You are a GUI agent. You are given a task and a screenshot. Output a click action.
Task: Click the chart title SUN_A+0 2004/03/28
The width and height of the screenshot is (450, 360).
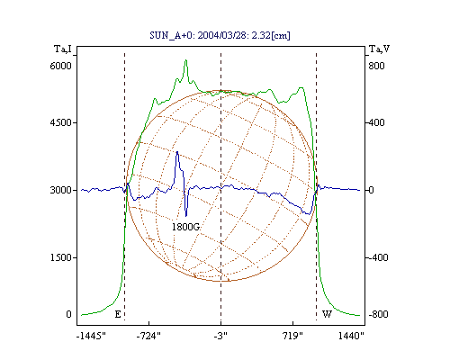point(220,35)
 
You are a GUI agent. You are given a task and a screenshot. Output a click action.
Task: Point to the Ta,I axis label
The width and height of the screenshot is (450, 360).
point(63,49)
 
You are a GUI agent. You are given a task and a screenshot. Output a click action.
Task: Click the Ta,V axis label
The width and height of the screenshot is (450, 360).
point(379,49)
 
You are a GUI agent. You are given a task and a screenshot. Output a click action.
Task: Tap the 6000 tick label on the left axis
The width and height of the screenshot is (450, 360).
point(60,66)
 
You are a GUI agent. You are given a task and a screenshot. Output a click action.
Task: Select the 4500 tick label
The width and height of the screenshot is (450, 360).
point(60,122)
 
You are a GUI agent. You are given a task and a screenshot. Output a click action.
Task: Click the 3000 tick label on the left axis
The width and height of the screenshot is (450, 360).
point(60,190)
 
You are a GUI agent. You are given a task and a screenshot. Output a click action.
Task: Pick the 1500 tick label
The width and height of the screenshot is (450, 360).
point(60,257)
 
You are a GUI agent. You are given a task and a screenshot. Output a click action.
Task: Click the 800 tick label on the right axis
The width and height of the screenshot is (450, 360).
point(376,66)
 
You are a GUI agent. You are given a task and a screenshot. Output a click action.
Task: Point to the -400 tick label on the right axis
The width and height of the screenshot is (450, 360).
point(378,257)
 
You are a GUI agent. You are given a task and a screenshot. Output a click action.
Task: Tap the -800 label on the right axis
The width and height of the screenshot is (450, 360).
point(378,314)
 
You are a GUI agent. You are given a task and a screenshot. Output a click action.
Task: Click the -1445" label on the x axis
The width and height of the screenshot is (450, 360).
point(91,336)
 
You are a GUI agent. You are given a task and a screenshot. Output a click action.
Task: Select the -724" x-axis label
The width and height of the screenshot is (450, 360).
point(148,336)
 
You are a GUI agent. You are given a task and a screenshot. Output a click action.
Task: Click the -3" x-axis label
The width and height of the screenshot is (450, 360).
point(220,336)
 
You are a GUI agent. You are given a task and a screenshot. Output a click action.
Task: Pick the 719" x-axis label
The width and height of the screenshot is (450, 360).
point(292,336)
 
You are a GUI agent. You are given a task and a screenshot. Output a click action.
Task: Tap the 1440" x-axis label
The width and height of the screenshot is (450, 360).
point(351,336)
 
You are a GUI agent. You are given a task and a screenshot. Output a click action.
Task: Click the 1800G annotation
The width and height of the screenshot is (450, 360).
point(185,227)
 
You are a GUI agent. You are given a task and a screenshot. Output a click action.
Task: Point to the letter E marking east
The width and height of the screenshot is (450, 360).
point(118,314)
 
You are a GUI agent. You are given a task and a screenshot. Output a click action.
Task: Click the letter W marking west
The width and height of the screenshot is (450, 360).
point(327,314)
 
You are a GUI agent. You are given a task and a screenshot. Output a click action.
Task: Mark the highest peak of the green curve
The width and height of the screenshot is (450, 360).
point(186,60)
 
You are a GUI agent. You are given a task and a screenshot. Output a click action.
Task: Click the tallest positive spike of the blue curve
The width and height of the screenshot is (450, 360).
point(177,152)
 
